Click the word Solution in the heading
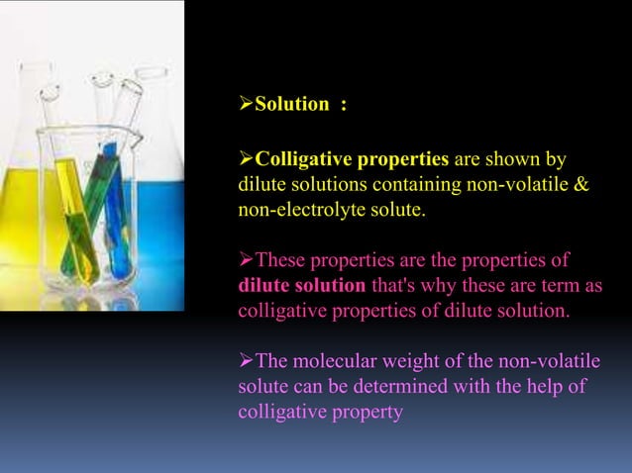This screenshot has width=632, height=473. [x=291, y=105]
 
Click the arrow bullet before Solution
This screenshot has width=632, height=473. [x=246, y=105]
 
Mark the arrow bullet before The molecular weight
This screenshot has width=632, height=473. [x=246, y=361]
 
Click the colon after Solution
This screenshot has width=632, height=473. [x=343, y=105]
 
